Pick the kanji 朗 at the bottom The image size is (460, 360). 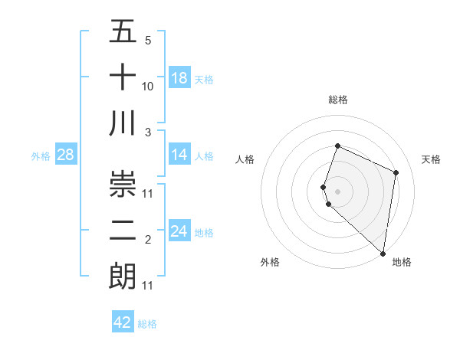tap(123, 274)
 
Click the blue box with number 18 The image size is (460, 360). tap(179, 78)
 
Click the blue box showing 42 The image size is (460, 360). tap(123, 322)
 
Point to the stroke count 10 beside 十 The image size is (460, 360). tap(148, 87)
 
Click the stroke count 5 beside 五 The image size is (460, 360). tap(148, 41)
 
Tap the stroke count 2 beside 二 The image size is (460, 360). tap(148, 241)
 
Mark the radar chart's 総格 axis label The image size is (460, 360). tap(338, 100)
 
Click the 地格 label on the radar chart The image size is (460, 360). tap(402, 262)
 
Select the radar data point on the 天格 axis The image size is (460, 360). tap(396, 172)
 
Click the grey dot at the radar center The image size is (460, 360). tap(338, 191)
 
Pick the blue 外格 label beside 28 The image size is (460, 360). tap(41, 156)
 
